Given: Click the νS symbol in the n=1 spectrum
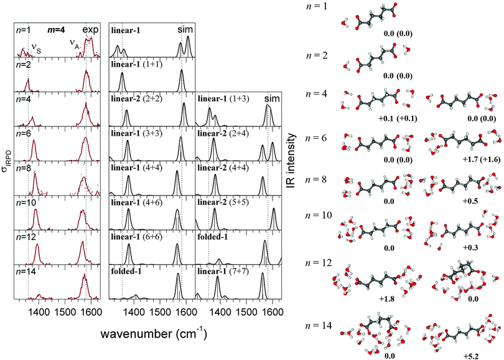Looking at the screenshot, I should click(35, 45).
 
